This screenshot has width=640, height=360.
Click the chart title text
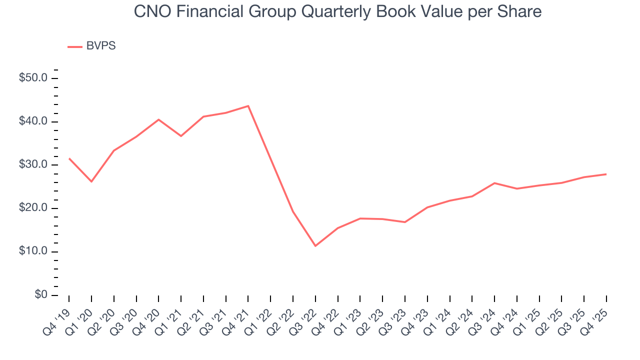point(337,11)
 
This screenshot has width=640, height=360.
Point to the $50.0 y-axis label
point(33,78)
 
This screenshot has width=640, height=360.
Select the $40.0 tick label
point(33,122)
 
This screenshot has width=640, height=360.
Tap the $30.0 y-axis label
point(33,165)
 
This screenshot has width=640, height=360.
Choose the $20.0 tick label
point(33,208)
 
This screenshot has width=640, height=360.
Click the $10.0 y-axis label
point(33,251)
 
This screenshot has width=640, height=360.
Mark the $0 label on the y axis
point(41,295)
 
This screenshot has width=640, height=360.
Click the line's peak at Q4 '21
point(248,106)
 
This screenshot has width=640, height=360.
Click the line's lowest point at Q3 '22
point(315,246)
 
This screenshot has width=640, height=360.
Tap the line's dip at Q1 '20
point(91,181)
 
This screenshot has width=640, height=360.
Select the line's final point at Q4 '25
point(606,174)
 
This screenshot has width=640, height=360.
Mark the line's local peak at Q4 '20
point(158,119)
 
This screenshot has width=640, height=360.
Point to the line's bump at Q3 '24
point(494,183)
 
